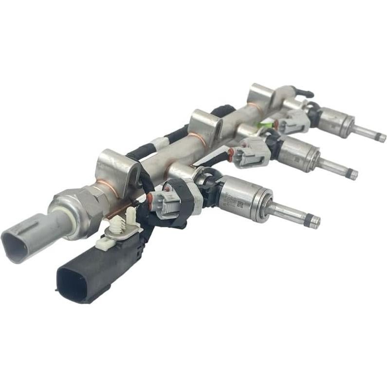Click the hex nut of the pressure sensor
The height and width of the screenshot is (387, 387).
tap(78, 207)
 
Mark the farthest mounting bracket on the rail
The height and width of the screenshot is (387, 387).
tap(262, 94)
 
